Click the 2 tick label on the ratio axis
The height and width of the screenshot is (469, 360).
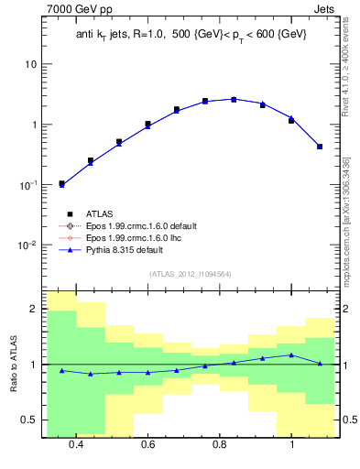pyautogui.click(x=34, y=310)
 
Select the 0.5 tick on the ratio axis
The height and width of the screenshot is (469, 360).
pyautogui.click(x=29, y=420)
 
